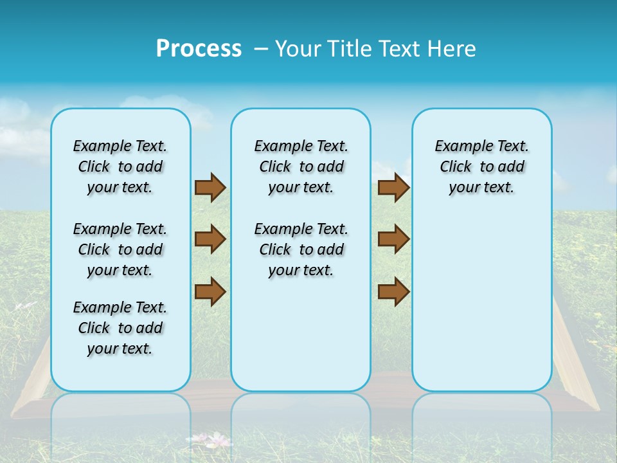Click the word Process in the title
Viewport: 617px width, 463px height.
coord(199,49)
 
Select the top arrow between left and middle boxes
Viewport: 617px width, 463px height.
coord(210,187)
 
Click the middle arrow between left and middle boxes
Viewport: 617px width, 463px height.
coord(210,239)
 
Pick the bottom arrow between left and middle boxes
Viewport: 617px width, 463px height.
coord(210,291)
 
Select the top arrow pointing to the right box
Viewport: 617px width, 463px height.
coord(393,187)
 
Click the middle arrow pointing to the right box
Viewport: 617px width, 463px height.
coord(393,239)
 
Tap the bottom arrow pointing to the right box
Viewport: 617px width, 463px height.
coord(393,291)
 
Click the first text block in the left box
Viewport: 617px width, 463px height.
coord(120,167)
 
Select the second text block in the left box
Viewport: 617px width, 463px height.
coord(120,250)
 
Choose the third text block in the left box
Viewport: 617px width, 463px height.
coord(120,328)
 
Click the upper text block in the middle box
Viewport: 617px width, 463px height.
coord(301,167)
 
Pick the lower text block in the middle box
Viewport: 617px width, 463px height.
coord(301,250)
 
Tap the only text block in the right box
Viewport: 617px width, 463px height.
coord(481,167)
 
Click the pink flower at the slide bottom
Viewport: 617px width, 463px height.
coord(219,440)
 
